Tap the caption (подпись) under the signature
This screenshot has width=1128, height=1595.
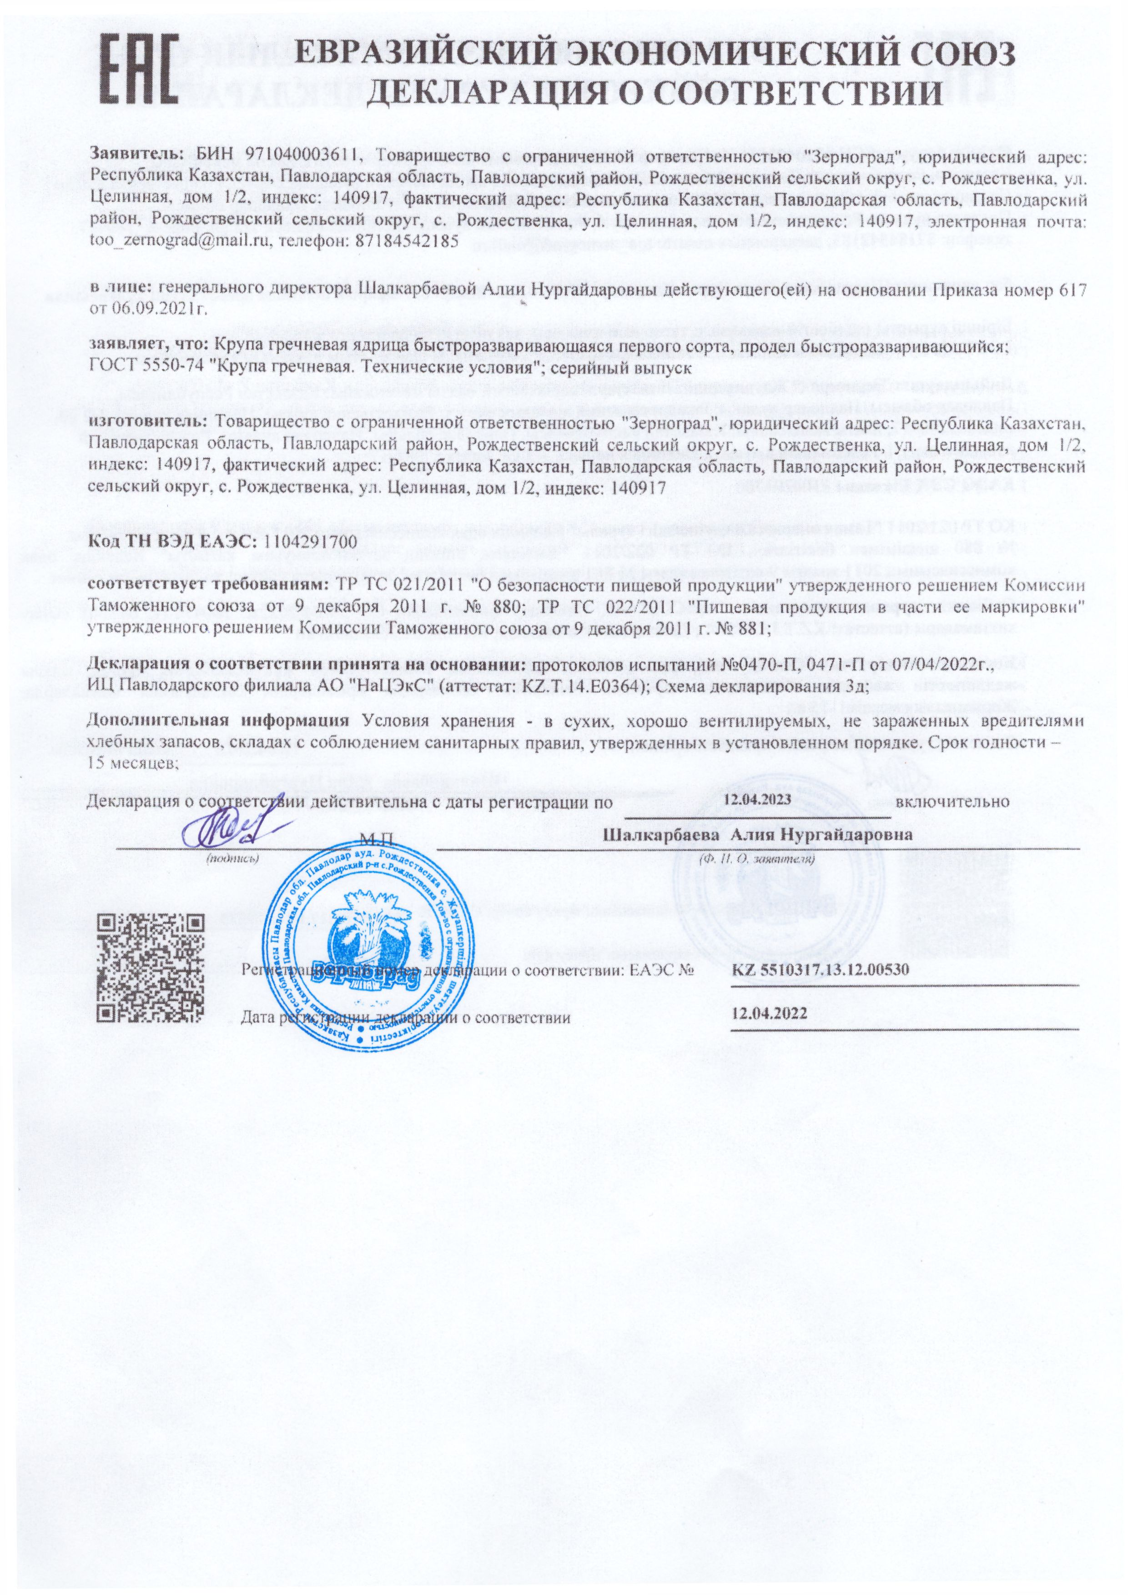233,858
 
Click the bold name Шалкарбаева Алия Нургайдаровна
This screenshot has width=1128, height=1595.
759,835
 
